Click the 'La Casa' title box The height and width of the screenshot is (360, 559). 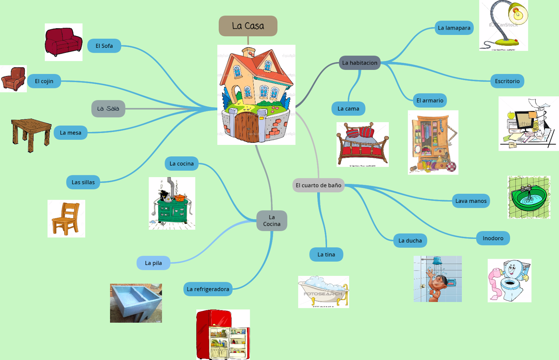coord(248,26)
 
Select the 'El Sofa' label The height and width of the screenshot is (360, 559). coord(104,46)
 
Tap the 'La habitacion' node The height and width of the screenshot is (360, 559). coord(360,63)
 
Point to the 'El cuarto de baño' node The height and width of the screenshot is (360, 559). coord(318,185)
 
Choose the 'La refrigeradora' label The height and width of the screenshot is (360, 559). coord(208,289)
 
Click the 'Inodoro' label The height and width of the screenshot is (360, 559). coord(493,238)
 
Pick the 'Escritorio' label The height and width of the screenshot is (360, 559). coord(507,81)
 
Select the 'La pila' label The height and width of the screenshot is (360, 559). coord(153,263)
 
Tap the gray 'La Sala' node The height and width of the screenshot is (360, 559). coord(108,109)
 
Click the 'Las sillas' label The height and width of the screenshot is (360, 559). coord(83,182)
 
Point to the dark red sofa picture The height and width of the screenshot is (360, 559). coord(64,42)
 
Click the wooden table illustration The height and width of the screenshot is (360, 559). coord(31,134)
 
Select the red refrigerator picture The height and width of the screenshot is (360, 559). coord(223,334)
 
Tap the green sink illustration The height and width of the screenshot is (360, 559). coord(529,197)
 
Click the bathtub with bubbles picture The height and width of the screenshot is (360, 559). coord(324,292)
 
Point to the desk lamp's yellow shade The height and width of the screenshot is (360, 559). coord(518,13)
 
